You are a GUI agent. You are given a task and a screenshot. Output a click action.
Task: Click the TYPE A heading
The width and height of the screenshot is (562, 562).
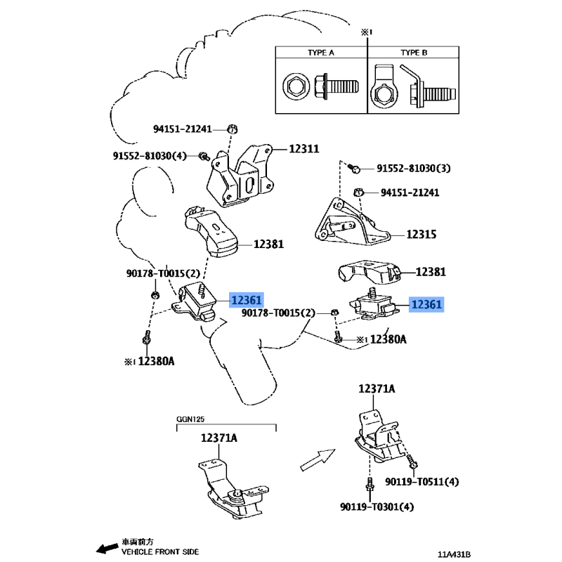click(x=321, y=53)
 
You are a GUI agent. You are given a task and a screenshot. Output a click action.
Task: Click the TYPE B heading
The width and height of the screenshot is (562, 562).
click(x=414, y=53)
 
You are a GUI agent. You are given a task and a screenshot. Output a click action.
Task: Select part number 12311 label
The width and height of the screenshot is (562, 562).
click(x=304, y=149)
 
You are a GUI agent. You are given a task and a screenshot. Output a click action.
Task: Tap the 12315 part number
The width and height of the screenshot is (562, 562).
click(x=421, y=235)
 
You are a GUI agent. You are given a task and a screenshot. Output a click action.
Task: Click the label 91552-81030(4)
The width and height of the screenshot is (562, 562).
click(x=150, y=156)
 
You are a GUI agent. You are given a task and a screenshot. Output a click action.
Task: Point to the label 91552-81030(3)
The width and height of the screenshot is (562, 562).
click(x=414, y=169)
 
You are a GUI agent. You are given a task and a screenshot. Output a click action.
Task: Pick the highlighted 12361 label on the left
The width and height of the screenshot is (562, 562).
click(x=247, y=300)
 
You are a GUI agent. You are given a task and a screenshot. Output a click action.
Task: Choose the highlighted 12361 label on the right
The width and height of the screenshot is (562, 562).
click(x=426, y=305)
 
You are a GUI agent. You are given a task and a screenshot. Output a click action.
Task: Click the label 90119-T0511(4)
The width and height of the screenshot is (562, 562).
click(x=422, y=482)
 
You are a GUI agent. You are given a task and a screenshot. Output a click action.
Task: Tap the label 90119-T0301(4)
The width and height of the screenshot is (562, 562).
click(x=377, y=507)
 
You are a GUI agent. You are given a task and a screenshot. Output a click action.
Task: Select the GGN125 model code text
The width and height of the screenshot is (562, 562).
click(x=190, y=419)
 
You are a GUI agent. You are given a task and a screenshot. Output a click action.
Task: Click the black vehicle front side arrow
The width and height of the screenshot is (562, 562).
click(x=107, y=548)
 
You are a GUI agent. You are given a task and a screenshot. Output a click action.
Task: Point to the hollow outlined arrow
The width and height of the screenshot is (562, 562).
click(x=318, y=460)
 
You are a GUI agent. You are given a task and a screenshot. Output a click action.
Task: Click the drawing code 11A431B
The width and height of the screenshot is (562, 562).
click(x=454, y=555)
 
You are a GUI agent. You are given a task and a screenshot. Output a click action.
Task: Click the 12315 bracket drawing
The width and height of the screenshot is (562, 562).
click(x=352, y=221)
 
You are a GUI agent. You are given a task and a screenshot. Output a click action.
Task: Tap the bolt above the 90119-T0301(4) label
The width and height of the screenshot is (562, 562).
click(x=370, y=484)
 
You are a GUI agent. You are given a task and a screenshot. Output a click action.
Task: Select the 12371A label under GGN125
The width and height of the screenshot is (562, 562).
click(x=218, y=438)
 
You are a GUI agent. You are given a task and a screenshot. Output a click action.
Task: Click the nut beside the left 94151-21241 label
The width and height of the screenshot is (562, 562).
click(x=233, y=129)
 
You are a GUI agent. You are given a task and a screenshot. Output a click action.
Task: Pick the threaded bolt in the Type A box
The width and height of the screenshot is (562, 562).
click(x=336, y=86)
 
